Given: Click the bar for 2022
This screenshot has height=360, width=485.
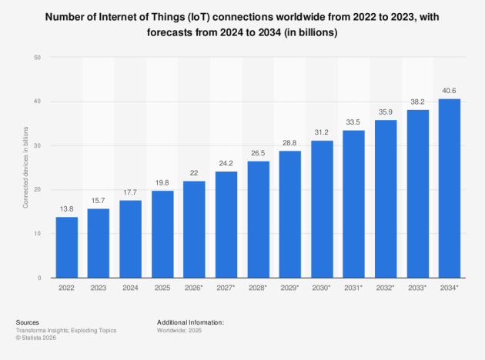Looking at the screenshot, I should point(67,247).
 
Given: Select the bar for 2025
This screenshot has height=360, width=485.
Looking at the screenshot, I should point(162,234).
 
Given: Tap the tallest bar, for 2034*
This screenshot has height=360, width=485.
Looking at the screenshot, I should point(450,188).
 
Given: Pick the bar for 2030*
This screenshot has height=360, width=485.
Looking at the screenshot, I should point(322,208).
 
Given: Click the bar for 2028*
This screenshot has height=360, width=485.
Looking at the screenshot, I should point(258,219).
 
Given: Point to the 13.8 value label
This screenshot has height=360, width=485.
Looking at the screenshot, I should point(67,208).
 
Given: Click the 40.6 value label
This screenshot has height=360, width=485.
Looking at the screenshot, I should point(450,90).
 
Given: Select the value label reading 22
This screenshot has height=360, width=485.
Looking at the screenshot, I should point(195,173).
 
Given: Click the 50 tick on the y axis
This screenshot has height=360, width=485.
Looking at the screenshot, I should point(37,58).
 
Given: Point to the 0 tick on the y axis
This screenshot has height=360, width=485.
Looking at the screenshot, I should point(39,278).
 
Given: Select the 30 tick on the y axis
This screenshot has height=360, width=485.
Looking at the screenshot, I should point(37,146).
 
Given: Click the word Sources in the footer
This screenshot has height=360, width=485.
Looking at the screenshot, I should point(27,322).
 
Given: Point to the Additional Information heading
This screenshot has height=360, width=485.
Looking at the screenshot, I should point(190,322).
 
